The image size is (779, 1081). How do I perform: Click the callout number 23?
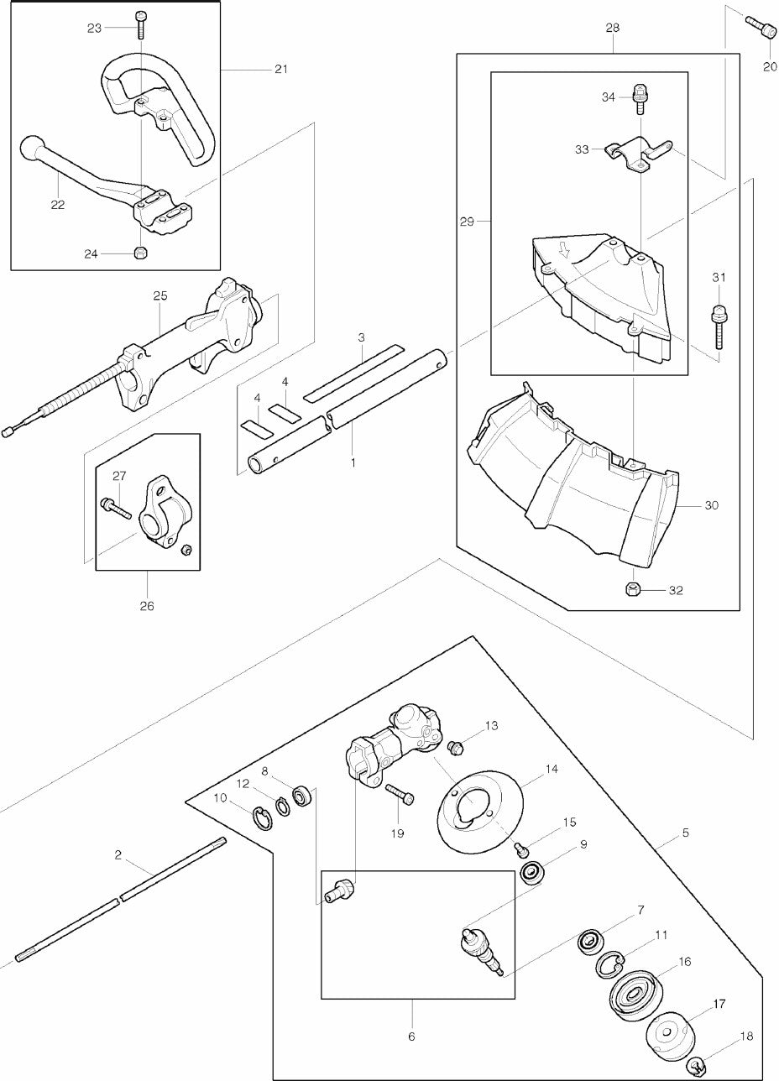click(x=94, y=28)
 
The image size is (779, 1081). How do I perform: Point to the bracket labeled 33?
click(x=638, y=152)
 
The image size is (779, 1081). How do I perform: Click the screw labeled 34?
click(x=640, y=97)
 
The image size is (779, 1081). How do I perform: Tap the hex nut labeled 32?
click(x=632, y=589)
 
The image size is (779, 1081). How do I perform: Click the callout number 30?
click(x=712, y=505)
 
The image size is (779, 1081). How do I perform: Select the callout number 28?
click(x=612, y=28)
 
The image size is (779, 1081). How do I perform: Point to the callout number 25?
click(x=160, y=295)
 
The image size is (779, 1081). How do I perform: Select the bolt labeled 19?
click(x=400, y=793)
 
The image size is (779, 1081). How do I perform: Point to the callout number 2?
click(x=118, y=855)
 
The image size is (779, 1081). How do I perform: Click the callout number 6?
click(x=411, y=1037)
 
